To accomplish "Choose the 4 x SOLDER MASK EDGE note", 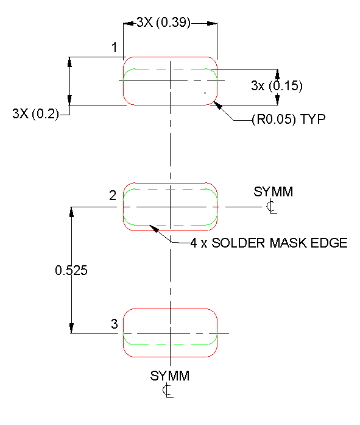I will [269, 243].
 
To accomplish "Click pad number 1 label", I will [114, 47].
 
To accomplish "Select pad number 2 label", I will [113, 196].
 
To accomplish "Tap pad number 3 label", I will [114, 324].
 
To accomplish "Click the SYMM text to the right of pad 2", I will [273, 192].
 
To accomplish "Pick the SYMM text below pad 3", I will [170, 376].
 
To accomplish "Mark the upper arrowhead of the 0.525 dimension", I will [72, 211].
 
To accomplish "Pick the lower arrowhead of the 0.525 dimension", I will [72, 329].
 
